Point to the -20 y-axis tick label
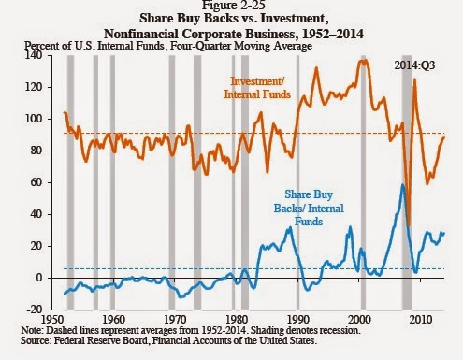[34, 310]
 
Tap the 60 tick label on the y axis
[36, 182]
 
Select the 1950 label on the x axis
[51, 320]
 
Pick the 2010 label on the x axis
[421, 320]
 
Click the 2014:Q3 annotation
[414, 65]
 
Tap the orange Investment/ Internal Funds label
[257, 88]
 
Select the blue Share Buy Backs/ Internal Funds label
[309, 208]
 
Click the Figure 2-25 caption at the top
[234, 5]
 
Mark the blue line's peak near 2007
[402, 185]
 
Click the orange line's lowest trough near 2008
[409, 225]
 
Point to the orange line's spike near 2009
[414, 79]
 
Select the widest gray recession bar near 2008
[406, 182]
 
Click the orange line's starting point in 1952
[65, 112]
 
